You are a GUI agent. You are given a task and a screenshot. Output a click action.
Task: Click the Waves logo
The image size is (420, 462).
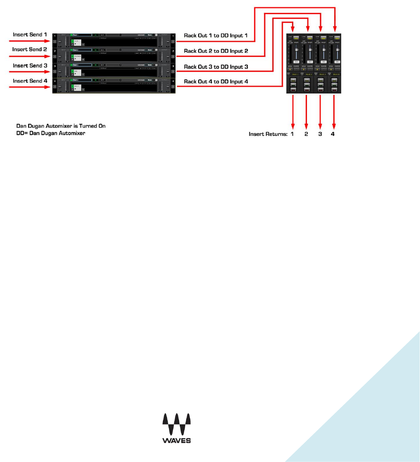tap(176, 428)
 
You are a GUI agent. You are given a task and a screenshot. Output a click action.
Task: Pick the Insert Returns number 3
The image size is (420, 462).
tap(320, 134)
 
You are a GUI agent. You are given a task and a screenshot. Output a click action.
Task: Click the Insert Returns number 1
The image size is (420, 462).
tap(292, 134)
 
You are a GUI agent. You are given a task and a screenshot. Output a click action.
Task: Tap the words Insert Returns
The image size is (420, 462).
tap(268, 134)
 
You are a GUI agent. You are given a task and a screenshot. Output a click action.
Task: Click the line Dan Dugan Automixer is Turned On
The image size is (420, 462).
tap(61, 126)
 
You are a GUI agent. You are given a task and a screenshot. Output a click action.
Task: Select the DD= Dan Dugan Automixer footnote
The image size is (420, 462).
tap(51, 133)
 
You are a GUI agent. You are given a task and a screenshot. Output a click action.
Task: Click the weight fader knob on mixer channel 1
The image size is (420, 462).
tap(296, 50)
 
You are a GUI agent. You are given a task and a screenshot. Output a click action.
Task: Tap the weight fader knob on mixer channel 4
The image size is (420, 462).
tap(338, 50)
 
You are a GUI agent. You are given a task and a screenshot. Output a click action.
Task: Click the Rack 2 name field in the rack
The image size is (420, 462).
tap(80, 50)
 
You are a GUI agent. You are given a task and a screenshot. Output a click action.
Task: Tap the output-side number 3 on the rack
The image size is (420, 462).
tap(173, 66)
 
